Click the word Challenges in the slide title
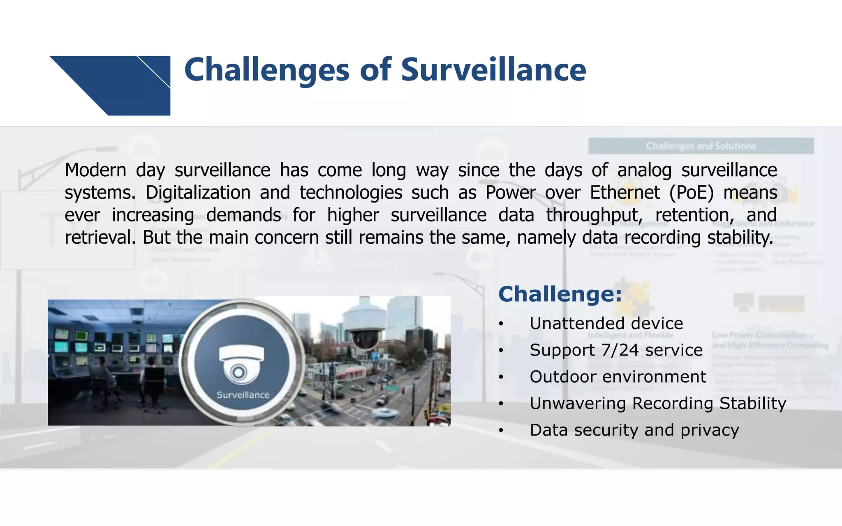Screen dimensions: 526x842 266,70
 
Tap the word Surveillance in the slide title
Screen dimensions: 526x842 493,70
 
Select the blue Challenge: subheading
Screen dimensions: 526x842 560,294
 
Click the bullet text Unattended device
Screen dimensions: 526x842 606,323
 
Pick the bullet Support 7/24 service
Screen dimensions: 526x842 616,350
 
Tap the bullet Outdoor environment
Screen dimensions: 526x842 618,377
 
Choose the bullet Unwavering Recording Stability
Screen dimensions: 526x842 658,404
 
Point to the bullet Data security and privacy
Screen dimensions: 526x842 634,430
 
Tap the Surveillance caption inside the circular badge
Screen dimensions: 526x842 243,395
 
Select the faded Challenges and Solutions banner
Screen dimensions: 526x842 701,146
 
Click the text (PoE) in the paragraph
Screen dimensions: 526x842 691,193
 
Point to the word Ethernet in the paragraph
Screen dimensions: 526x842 625,193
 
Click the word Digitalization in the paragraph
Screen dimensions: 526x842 198,193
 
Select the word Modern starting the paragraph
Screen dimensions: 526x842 95,170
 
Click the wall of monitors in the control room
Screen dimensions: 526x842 111,343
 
